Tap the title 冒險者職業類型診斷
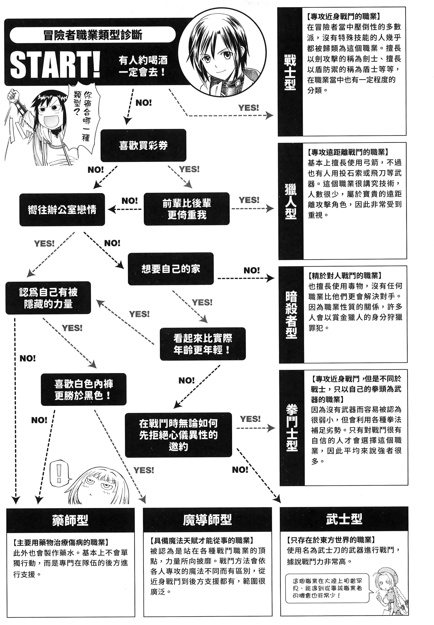pyautogui.click(x=92, y=35)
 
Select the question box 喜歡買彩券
pyautogui.click(x=143, y=145)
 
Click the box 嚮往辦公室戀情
pyautogui.click(x=62, y=209)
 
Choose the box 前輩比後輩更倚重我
pyautogui.click(x=187, y=209)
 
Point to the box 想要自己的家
pyautogui.click(x=171, y=269)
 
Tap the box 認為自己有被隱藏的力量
pyautogui.click(x=48, y=298)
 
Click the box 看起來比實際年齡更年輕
pyautogui.click(x=203, y=344)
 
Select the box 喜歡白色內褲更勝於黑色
pyautogui.click(x=83, y=389)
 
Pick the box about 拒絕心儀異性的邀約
pyautogui.click(x=178, y=435)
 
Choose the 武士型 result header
pyautogui.click(x=344, y=519)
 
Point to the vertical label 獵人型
pyautogui.click(x=290, y=201)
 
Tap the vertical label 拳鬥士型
pyautogui.click(x=292, y=427)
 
